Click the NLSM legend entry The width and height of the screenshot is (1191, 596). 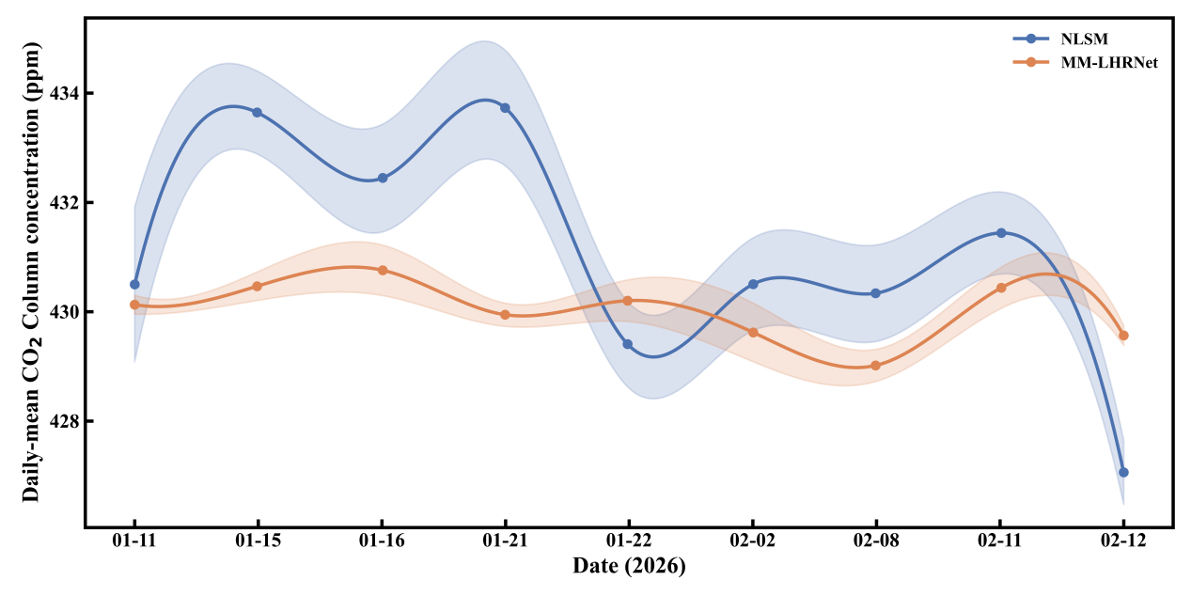click(x=1062, y=39)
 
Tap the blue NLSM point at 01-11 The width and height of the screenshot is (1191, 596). click(x=134, y=284)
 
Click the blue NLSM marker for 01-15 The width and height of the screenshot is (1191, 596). click(x=258, y=113)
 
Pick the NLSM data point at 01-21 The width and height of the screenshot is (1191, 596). click(x=505, y=108)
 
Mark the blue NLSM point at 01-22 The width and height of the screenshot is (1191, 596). click(x=628, y=344)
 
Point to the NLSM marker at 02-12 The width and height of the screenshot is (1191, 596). click(x=1123, y=472)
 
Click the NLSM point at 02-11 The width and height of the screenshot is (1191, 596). click(x=1000, y=233)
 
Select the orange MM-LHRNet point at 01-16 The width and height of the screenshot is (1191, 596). click(x=382, y=270)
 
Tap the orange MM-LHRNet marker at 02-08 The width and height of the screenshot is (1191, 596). click(x=876, y=366)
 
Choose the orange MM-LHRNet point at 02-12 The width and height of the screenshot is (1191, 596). click(x=1123, y=336)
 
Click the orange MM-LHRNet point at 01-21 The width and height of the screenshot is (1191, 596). click(x=505, y=315)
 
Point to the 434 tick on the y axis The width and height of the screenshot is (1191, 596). click(x=65, y=94)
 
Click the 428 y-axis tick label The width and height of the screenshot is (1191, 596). click(x=65, y=421)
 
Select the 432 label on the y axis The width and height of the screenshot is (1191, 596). click(x=65, y=203)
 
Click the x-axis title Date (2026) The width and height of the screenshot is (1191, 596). click(x=629, y=567)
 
